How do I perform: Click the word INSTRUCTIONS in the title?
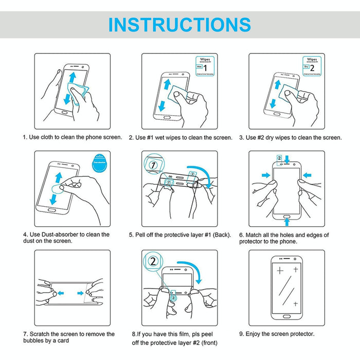point(179,25)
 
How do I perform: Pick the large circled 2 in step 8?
point(153,261)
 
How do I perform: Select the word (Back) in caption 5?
point(220,235)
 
